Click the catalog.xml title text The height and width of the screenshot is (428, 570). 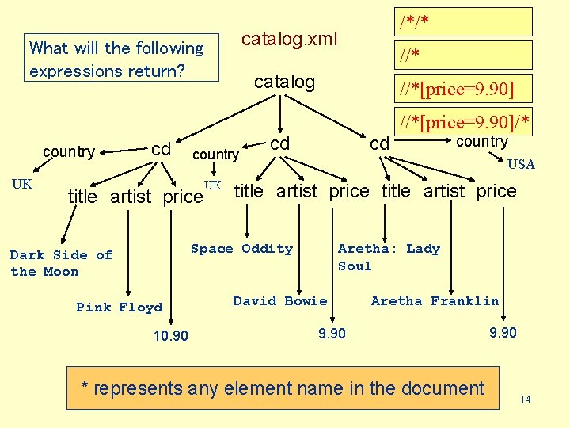(289, 39)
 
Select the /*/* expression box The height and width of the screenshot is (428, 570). (465, 21)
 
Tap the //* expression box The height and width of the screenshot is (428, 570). (465, 55)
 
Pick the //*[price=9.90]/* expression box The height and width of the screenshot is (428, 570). (465, 121)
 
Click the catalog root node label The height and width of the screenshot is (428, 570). (283, 82)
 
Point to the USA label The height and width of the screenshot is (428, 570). (521, 164)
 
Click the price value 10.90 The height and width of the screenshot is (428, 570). (171, 336)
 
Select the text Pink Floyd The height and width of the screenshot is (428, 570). (120, 308)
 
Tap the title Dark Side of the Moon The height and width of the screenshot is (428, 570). (61, 263)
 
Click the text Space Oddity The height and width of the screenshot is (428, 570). (241, 249)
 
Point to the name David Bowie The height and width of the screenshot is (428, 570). (279, 301)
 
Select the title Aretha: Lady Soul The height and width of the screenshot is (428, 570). (388, 257)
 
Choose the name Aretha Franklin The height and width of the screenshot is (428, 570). (435, 301)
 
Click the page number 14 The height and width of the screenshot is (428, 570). (525, 400)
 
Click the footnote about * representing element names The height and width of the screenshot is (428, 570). (283, 388)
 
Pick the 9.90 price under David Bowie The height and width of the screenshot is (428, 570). (332, 334)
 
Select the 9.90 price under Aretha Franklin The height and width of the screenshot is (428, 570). (503, 333)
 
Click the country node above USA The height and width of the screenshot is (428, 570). (481, 142)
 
